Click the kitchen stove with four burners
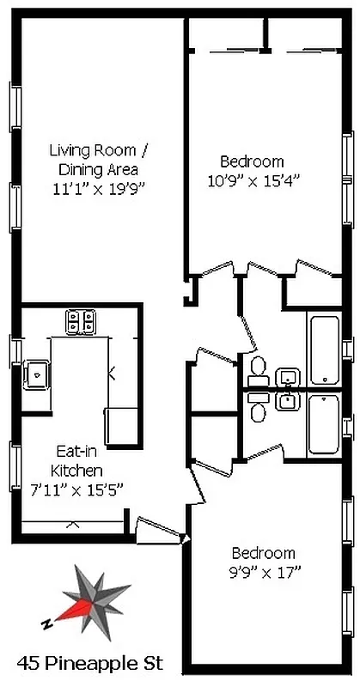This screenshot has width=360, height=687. point(82,321)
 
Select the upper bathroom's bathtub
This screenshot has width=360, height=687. point(324,351)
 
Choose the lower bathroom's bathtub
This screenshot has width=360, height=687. point(324,424)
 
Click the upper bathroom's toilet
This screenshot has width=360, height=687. point(256,369)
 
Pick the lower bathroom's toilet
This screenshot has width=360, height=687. point(256,411)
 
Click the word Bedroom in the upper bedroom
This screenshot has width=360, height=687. point(252,161)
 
